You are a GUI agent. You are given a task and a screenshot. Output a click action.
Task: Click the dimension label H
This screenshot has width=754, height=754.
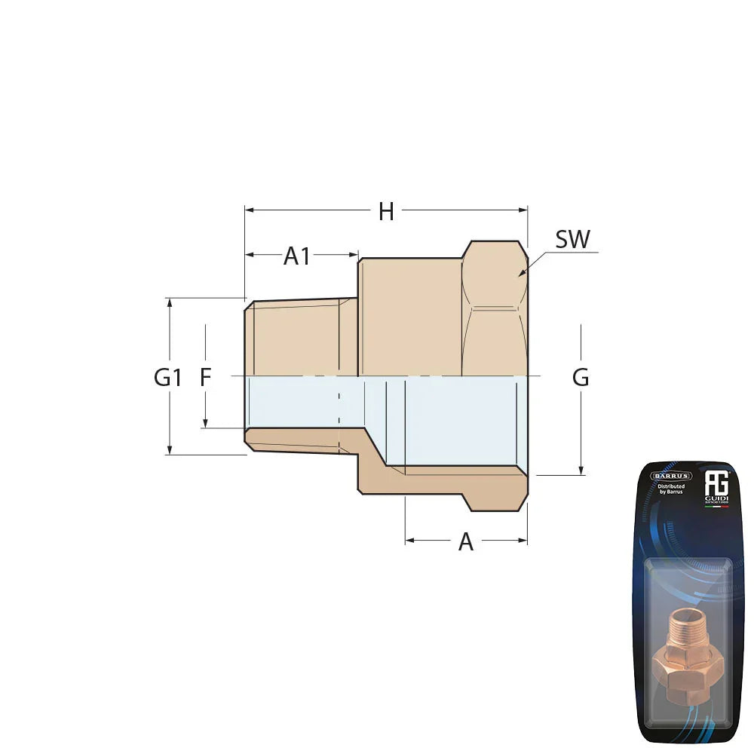pos(386,212)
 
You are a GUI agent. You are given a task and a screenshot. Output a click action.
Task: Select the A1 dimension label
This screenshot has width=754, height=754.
pos(296,256)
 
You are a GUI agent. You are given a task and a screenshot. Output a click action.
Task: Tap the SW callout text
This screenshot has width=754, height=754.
pos(572,240)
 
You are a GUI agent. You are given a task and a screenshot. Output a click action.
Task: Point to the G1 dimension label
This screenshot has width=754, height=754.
pos(167,377)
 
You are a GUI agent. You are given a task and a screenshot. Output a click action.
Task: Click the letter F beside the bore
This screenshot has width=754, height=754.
pos(205,377)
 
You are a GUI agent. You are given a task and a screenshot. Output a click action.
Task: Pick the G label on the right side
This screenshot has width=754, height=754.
pos(580,378)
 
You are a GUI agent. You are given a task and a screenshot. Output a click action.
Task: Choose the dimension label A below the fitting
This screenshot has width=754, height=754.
pos(466,541)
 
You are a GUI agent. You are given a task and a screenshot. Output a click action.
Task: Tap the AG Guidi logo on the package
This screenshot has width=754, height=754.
pos(716,483)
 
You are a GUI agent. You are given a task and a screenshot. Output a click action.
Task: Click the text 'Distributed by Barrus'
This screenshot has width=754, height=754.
pos(670,490)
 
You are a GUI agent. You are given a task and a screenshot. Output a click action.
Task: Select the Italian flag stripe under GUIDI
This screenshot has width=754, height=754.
pos(716,507)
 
